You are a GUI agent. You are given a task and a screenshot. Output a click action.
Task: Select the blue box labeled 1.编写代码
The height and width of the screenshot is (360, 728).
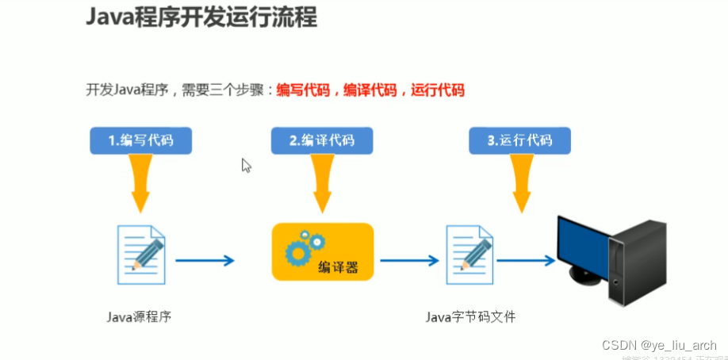141,140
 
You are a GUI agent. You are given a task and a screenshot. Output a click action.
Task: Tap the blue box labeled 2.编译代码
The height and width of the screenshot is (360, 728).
321,140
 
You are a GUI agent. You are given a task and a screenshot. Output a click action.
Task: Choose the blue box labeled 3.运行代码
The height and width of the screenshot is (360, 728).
519,140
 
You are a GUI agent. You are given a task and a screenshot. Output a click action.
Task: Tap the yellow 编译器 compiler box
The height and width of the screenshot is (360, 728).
322,251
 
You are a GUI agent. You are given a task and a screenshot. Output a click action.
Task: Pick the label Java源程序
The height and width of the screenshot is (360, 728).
140,316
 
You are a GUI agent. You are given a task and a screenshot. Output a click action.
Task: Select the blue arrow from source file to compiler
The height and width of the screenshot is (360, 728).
205,260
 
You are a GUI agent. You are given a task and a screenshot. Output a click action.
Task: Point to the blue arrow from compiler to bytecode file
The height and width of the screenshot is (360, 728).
409,260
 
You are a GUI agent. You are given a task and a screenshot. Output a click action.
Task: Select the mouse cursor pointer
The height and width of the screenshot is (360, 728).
247,165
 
